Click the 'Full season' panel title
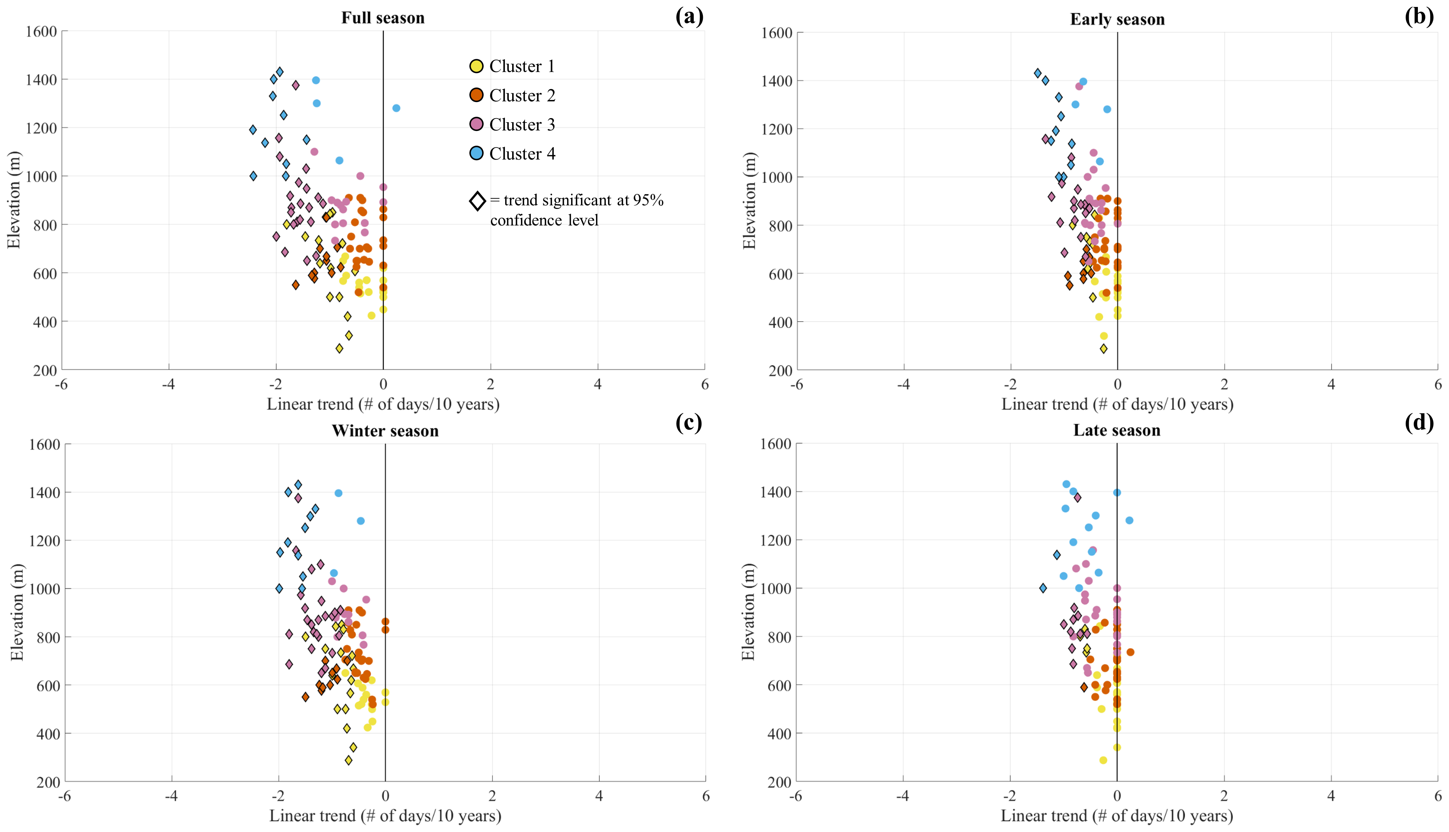[383, 18]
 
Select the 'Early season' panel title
[1117, 19]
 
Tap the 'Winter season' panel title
[385, 431]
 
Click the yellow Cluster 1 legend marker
[476, 66]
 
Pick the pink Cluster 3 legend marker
[476, 124]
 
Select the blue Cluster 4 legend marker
[476, 153]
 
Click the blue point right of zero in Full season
[396, 108]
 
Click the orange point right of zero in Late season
[1130, 652]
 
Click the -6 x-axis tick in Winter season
[64, 796]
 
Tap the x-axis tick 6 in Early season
[1438, 385]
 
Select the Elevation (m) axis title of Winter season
[17, 612]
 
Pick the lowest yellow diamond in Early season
[1103, 349]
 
